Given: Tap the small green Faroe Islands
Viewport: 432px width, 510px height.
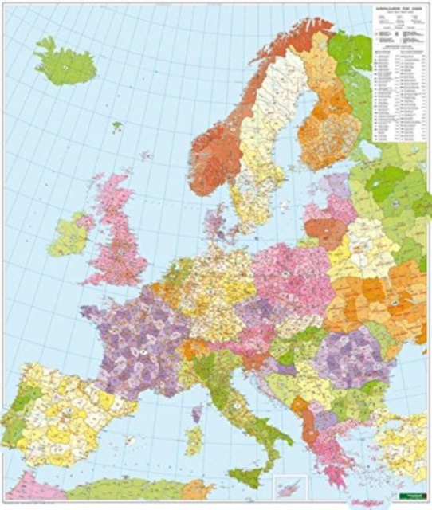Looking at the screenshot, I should pos(117,126).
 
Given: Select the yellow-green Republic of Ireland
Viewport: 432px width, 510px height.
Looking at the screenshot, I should pos(67,236).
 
